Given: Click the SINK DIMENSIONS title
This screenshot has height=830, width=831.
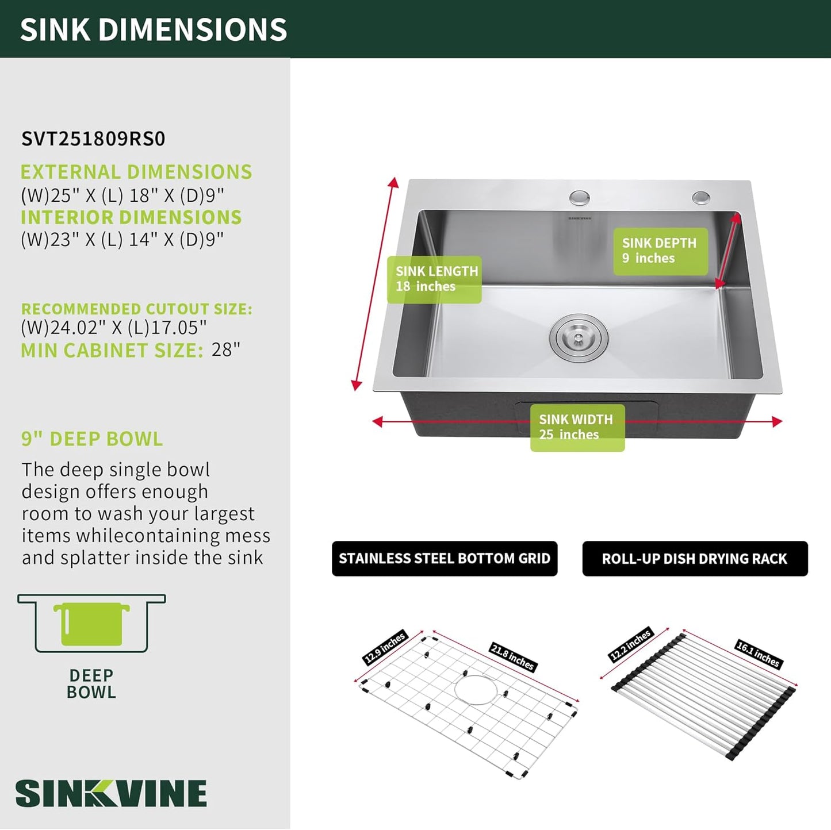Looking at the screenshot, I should pos(154,30).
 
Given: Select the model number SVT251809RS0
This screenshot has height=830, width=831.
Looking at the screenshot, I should pos(93,139).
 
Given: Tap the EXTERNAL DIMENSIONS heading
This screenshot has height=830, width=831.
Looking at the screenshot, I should pos(136,172).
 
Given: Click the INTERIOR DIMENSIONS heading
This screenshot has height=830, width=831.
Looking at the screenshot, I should pos(131,217).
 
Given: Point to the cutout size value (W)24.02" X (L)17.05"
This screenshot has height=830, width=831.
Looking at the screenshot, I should pos(114,328).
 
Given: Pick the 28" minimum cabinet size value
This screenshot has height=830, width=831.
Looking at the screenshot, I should pos(226,349).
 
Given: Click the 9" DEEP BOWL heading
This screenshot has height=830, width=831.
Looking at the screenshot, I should pos(92,439).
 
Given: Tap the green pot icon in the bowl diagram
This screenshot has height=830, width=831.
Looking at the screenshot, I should pos(91,624).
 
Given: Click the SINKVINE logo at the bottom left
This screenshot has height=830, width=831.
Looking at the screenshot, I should pos(111,794).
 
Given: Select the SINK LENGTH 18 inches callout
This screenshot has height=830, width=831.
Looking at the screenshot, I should pos(435,279).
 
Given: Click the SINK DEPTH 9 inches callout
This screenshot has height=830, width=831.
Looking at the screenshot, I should pos(660,251).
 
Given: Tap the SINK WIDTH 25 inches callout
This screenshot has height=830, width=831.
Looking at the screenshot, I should pos(577,428).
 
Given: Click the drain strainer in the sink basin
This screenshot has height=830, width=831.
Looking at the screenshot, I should pos(578,338).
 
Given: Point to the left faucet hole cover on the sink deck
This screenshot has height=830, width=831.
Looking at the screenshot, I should pos(580,198).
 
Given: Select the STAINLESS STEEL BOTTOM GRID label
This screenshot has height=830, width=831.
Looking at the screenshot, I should pos(445,559).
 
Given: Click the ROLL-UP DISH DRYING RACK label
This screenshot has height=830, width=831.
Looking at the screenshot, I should pos(695,559).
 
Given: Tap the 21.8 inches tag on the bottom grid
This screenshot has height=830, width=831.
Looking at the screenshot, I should pos(512,657).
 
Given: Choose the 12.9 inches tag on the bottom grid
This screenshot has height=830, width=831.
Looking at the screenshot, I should pos(385,647).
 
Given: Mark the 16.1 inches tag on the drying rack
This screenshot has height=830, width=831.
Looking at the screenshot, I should pos(759,654).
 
